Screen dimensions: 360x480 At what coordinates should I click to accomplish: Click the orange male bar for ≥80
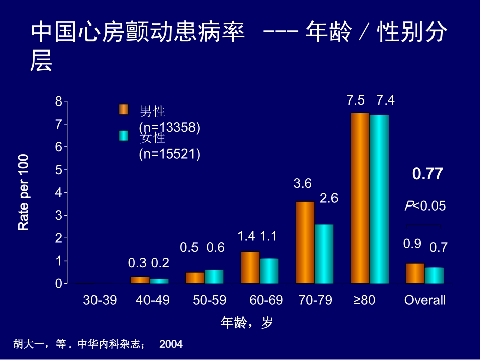[x=360, y=198]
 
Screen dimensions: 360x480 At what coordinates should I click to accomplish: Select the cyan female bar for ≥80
[x=379, y=199]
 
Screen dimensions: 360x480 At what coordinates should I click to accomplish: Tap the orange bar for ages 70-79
[x=305, y=242]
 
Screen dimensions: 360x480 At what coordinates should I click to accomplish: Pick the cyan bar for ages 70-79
[x=324, y=253]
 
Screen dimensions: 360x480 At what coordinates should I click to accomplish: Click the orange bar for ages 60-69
[x=250, y=268]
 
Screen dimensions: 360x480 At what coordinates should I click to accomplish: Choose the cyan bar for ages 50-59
[x=214, y=277]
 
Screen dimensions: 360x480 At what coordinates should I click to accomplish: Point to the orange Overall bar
[x=415, y=273]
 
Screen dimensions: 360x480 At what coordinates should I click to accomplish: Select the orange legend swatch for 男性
[x=124, y=110]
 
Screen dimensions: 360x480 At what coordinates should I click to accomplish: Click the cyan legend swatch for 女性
[x=124, y=136]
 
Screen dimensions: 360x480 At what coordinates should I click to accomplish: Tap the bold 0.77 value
[x=427, y=174]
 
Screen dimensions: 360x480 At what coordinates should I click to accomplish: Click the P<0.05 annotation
[x=424, y=206]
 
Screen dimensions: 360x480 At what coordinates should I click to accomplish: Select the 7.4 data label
[x=385, y=100]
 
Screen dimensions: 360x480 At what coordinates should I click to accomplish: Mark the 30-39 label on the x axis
[x=100, y=300]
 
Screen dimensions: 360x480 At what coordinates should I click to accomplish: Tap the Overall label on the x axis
[x=424, y=300]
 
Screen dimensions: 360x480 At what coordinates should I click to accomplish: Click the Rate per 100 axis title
[x=24, y=192]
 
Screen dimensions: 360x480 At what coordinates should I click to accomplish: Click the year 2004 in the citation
[x=171, y=344]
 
